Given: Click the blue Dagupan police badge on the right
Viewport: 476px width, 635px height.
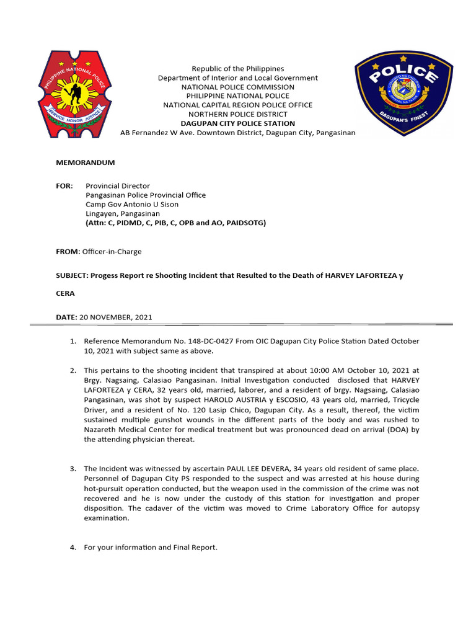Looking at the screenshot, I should [x=403, y=94].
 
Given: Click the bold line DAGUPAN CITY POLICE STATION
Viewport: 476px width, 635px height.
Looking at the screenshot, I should [x=237, y=123].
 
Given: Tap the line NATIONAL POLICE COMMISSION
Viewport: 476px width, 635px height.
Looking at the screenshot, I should [x=237, y=87].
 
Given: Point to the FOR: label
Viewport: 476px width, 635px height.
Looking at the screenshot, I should [x=64, y=186].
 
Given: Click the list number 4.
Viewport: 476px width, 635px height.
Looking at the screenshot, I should [x=73, y=547].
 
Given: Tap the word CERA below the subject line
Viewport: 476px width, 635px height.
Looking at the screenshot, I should [x=65, y=294].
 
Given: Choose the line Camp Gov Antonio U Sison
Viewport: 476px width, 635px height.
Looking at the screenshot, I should [x=130, y=204].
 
